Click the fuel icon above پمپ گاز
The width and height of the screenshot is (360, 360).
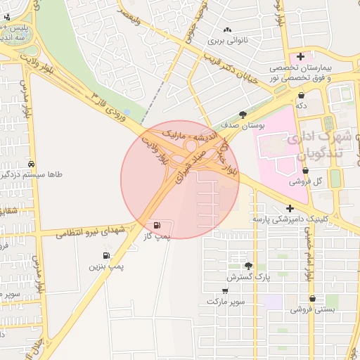click(x=157, y=225)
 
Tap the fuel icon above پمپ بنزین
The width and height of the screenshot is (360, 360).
click(x=105, y=256)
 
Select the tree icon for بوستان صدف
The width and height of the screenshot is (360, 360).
click(x=243, y=115)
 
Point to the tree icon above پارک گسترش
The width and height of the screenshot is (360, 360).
click(x=247, y=266)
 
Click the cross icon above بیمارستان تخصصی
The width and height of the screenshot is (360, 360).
click(x=301, y=56)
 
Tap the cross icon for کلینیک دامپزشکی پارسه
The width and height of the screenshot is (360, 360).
click(x=290, y=208)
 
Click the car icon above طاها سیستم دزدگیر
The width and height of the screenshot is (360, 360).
click(x=30, y=163)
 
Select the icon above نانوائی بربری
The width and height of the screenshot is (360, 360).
click(x=226, y=30)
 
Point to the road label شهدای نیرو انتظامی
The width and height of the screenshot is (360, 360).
click(x=90, y=231)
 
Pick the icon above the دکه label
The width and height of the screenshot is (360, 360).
click(x=301, y=94)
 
